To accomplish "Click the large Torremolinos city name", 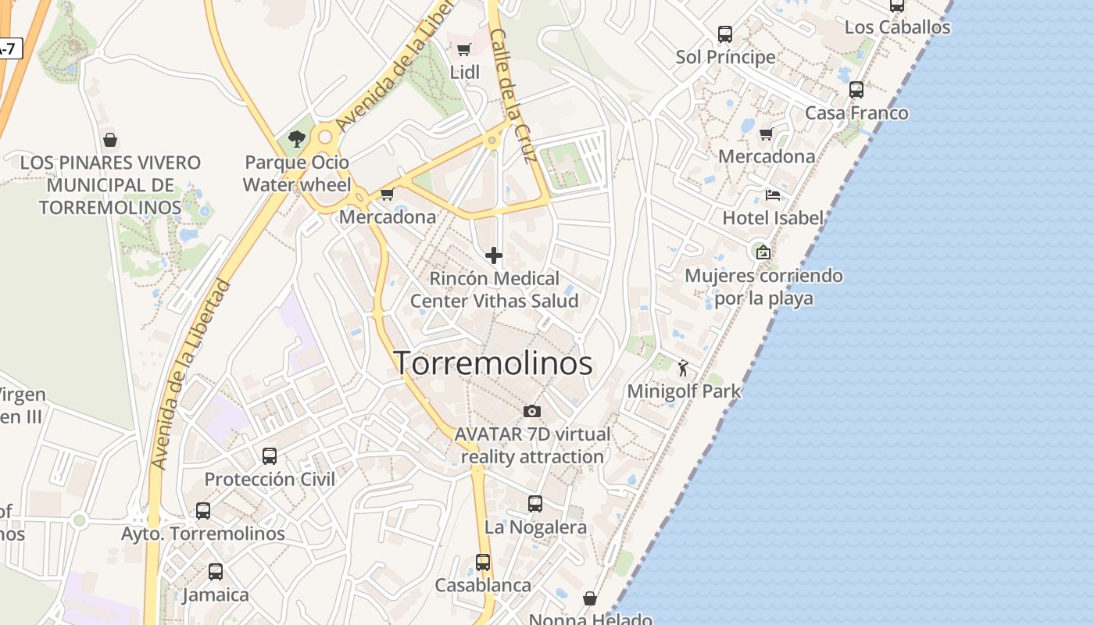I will pyautogui.click(x=492, y=363).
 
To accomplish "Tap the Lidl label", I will pyautogui.click(x=464, y=72).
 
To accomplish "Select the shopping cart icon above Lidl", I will pyautogui.click(x=463, y=50).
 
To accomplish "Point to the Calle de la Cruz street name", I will pyautogui.click(x=513, y=95).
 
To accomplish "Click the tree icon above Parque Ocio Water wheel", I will pyautogui.click(x=296, y=140).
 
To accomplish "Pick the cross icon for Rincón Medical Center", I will pyautogui.click(x=494, y=255).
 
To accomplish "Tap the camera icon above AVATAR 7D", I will pyautogui.click(x=531, y=411).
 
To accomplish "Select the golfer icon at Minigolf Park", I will pyautogui.click(x=684, y=368).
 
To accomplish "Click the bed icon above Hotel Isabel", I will pyautogui.click(x=773, y=195).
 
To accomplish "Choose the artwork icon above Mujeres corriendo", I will pyautogui.click(x=763, y=252).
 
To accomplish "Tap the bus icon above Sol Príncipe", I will pyautogui.click(x=725, y=34).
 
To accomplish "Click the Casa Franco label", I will pyautogui.click(x=856, y=112).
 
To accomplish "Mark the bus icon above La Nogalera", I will pyautogui.click(x=535, y=504).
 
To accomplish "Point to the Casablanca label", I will pyautogui.click(x=483, y=585).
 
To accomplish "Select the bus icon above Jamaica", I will pyautogui.click(x=216, y=572).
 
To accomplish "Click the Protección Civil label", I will pyautogui.click(x=270, y=479).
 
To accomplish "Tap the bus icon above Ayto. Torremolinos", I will pyautogui.click(x=203, y=511).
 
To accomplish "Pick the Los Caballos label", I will pyautogui.click(x=897, y=27).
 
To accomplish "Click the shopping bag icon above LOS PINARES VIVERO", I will pyautogui.click(x=110, y=140).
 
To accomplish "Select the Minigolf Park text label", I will pyautogui.click(x=684, y=391).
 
